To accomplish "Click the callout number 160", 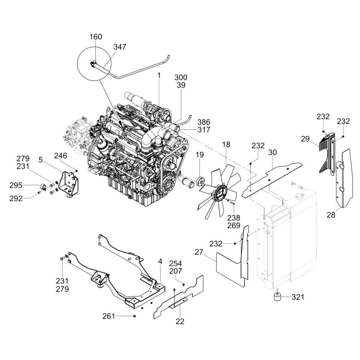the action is tap(95, 37).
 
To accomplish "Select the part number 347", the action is tap(120, 47).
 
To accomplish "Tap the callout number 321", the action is tap(298, 297).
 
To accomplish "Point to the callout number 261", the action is tap(109, 316).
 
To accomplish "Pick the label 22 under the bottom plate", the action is tap(180, 321).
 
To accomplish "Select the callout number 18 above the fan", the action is tap(226, 145).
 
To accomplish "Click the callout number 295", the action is tap(16, 185).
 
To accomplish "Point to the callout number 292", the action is tap(16, 199).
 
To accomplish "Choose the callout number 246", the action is tap(60, 156).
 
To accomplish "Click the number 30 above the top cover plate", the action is tap(273, 152).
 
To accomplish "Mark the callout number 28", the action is tap(331, 215).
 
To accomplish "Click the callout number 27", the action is tap(199, 252).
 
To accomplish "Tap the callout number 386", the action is tap(204, 122).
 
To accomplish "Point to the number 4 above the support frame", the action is tap(160, 261).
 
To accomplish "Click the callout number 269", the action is tap(234, 226).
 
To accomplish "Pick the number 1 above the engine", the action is tap(159, 76).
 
